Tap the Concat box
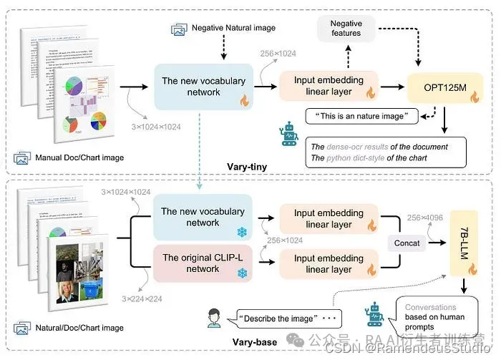point(407,243)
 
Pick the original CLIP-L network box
point(203,263)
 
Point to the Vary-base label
point(256,342)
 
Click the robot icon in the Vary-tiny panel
point(291,133)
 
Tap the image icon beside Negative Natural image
point(179,29)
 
